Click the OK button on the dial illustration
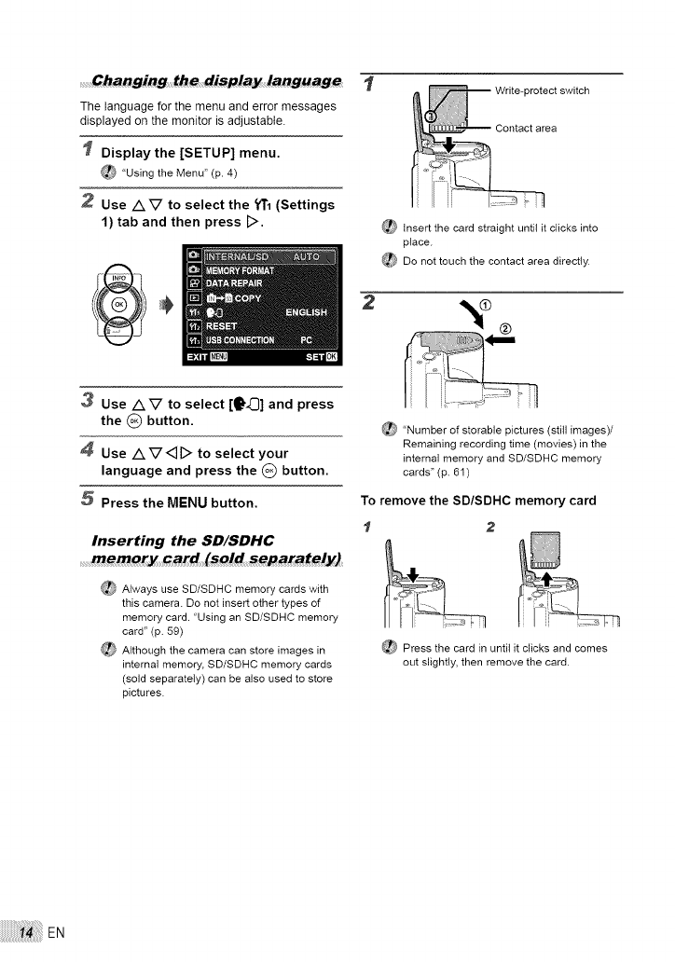pyautogui.click(x=117, y=303)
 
